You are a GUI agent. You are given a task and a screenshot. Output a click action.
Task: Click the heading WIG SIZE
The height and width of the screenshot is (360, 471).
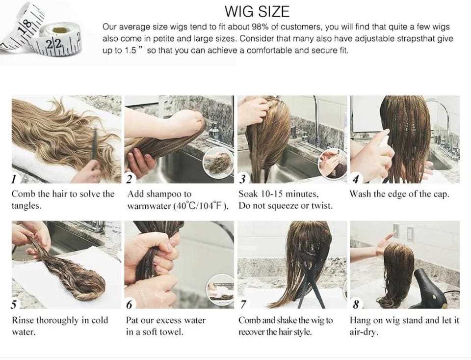click(x=257, y=11)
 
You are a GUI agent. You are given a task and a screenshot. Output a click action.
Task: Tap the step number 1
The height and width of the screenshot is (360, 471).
click(x=13, y=179)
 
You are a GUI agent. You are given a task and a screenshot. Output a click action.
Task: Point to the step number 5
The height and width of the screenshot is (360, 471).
click(x=14, y=305)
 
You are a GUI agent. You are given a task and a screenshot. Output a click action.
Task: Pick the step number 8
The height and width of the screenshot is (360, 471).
click(x=356, y=305)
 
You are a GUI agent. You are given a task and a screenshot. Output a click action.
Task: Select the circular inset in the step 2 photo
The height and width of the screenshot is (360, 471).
click(x=218, y=161)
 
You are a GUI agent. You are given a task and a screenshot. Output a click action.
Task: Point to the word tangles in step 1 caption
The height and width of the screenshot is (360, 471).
click(x=26, y=206)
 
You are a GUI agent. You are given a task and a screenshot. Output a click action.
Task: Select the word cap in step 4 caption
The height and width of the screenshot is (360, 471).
click(x=441, y=194)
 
